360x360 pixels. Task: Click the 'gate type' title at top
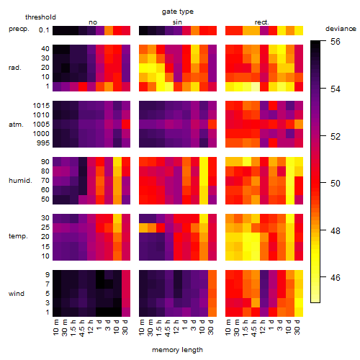coord(178,12)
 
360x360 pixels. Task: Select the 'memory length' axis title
coord(177,350)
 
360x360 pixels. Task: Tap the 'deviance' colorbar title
coord(341,29)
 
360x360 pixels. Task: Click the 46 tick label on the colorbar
coord(336,278)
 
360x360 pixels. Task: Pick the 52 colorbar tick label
coord(336,137)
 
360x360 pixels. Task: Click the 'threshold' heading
coord(40,17)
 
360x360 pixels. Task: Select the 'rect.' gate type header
coord(262,22)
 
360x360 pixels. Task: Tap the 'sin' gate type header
coord(177,22)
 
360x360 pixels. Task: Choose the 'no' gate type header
coord(93,22)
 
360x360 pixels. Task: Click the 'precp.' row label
coord(19,30)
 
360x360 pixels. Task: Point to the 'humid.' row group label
coord(20,181)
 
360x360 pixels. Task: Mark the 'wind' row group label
coord(17,294)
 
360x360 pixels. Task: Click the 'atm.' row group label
coord(16,125)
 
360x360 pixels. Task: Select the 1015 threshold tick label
coord(41,106)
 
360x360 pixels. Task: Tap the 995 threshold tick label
coord(43,143)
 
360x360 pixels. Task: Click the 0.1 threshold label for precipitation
coord(44,30)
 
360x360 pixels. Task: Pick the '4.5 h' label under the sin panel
coord(168,328)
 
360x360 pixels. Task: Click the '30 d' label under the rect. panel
coord(297,327)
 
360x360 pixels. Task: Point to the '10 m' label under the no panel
coord(55,328)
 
